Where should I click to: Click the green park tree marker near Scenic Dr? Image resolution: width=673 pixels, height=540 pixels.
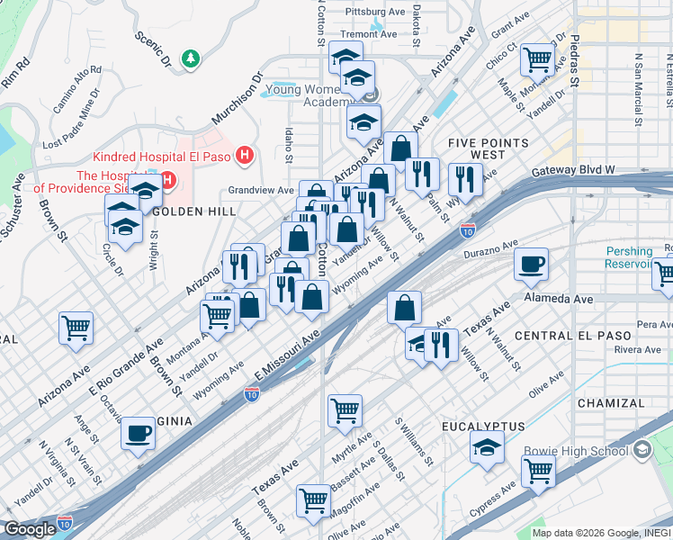point(191,59)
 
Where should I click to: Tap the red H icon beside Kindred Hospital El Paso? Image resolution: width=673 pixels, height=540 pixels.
point(243,157)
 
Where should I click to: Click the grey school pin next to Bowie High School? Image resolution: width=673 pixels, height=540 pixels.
point(642,449)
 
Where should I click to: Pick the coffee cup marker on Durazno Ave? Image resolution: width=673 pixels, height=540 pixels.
point(531,263)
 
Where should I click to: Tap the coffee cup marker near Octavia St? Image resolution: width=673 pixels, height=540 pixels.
point(138,433)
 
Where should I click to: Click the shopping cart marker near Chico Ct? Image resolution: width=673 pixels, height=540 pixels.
point(537,59)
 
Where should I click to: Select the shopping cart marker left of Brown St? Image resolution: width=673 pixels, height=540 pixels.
point(76,327)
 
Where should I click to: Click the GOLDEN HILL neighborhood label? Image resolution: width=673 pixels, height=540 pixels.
point(193,211)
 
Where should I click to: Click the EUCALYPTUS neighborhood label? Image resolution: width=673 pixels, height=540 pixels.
point(483,425)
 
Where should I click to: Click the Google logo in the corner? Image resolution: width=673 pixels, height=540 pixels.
point(30,529)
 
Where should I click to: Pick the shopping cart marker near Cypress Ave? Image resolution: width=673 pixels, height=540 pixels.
point(538,469)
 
